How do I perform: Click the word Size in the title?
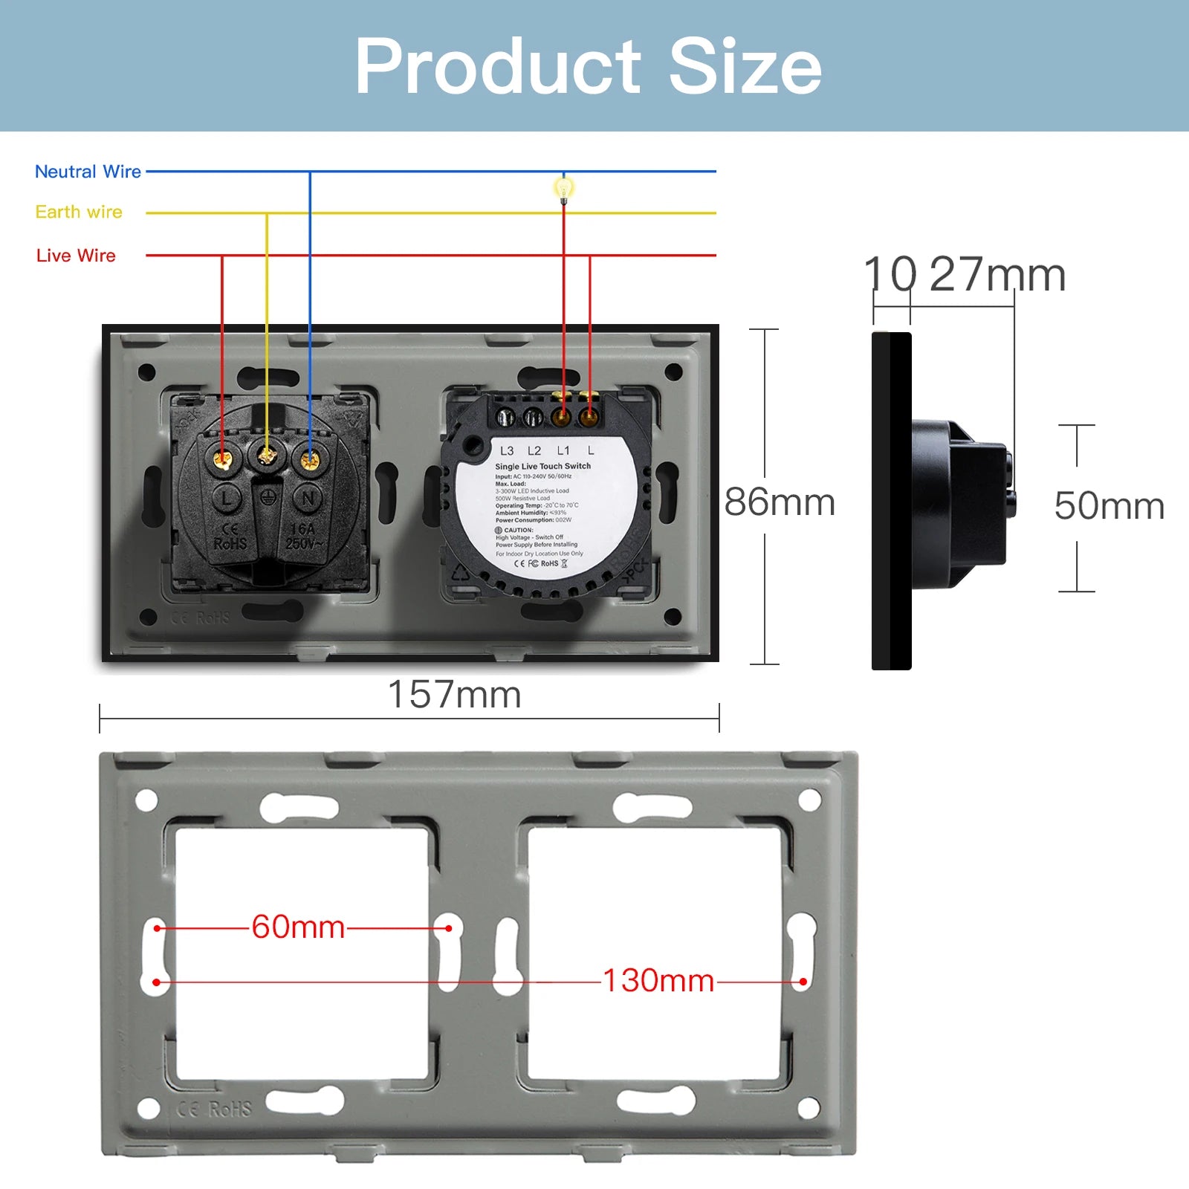745,67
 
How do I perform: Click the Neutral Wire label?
88,172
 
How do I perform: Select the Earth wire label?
79,213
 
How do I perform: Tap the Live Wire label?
76,256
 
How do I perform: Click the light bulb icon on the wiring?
563,189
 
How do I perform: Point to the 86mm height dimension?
780,502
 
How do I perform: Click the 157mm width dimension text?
454,696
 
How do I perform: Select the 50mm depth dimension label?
1108,506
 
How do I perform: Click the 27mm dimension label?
997,275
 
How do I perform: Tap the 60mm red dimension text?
298,927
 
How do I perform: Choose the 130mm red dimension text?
658,981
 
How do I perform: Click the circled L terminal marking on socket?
227,498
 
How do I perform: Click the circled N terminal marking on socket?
308,498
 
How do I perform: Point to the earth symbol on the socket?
268,496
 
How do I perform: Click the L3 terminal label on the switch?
507,451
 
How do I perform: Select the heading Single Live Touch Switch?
542,466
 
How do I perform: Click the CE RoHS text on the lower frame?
215,1109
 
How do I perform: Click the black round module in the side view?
959,505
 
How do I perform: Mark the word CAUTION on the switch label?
518,530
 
